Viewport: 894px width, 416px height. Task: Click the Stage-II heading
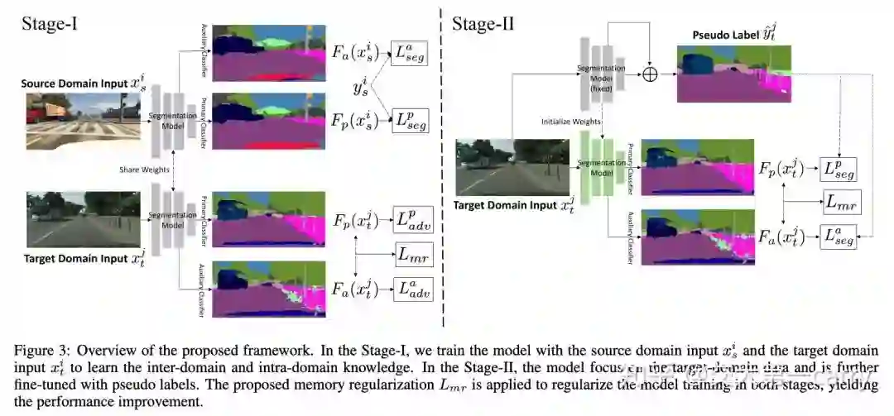483,24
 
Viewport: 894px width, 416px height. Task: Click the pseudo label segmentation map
733,74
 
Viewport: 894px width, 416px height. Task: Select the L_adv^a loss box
413,290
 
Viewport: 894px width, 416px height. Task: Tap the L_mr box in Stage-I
414,255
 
